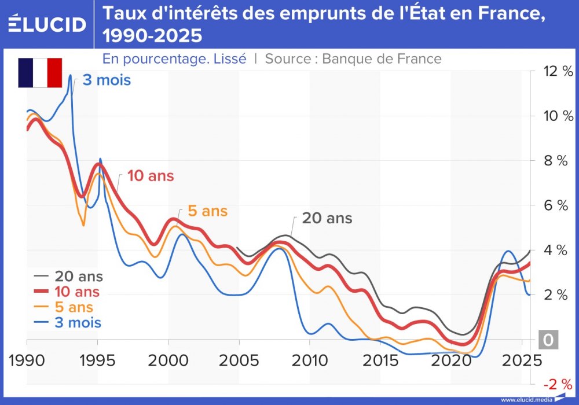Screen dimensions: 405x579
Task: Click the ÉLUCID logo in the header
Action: tap(47, 24)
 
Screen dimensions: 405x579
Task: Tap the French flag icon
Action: tap(40, 73)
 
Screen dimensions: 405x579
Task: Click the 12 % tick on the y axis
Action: tap(555, 71)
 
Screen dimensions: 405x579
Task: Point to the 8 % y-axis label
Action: tap(555, 161)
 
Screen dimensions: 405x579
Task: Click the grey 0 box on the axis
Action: tap(548, 340)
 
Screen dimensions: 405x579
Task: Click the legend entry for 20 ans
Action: tap(67, 277)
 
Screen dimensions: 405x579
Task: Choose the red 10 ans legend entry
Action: tap(67, 292)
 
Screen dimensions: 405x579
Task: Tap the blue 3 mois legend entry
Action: tap(68, 322)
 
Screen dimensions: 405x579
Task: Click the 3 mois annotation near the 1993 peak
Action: tap(107, 80)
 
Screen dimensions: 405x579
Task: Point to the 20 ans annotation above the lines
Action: tap(327, 219)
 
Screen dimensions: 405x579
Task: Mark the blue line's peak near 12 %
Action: tap(71, 75)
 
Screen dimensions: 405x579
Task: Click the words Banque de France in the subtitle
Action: tap(382, 58)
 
